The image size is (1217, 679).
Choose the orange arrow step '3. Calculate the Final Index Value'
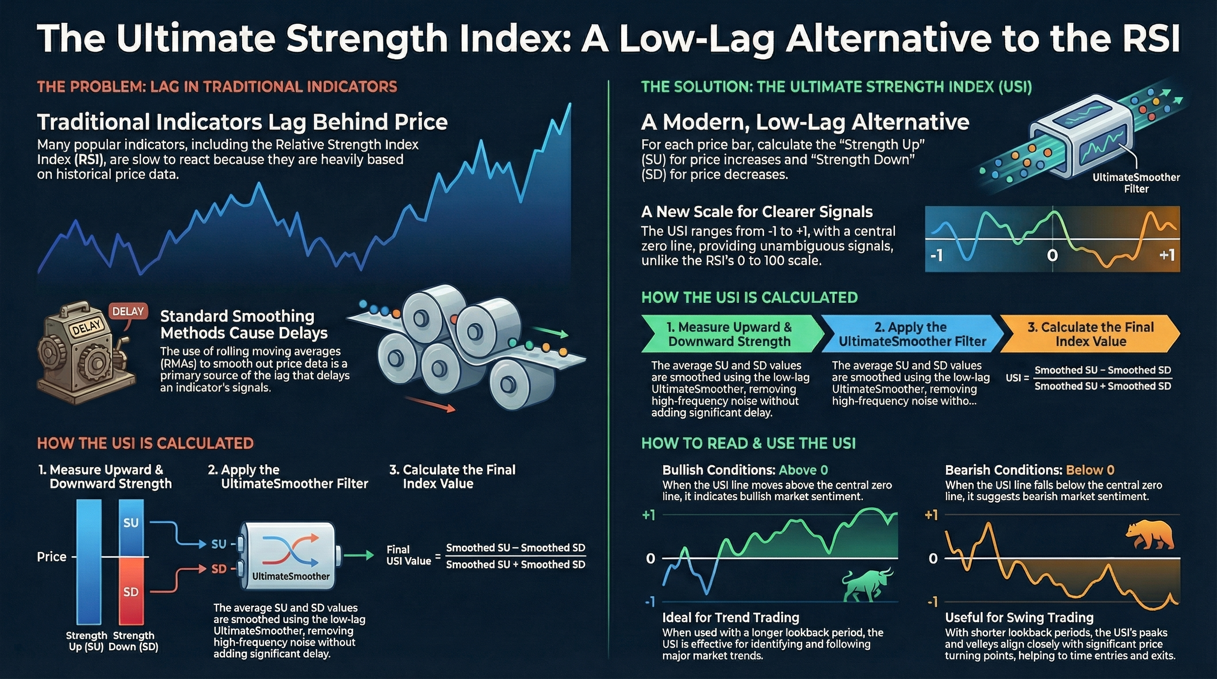(x=1090, y=334)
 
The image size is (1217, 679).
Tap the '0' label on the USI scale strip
(x=1052, y=256)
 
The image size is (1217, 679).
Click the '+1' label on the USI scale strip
(x=1167, y=256)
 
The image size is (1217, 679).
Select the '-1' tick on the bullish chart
(x=650, y=602)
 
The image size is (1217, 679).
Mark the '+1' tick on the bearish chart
(x=931, y=515)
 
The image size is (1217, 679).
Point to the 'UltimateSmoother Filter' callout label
(x=1136, y=183)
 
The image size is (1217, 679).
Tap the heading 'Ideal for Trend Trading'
(x=731, y=617)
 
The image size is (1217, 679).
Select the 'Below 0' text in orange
(x=1090, y=470)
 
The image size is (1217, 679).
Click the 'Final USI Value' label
(x=409, y=555)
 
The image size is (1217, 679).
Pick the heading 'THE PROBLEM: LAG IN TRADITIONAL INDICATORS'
(x=217, y=87)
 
